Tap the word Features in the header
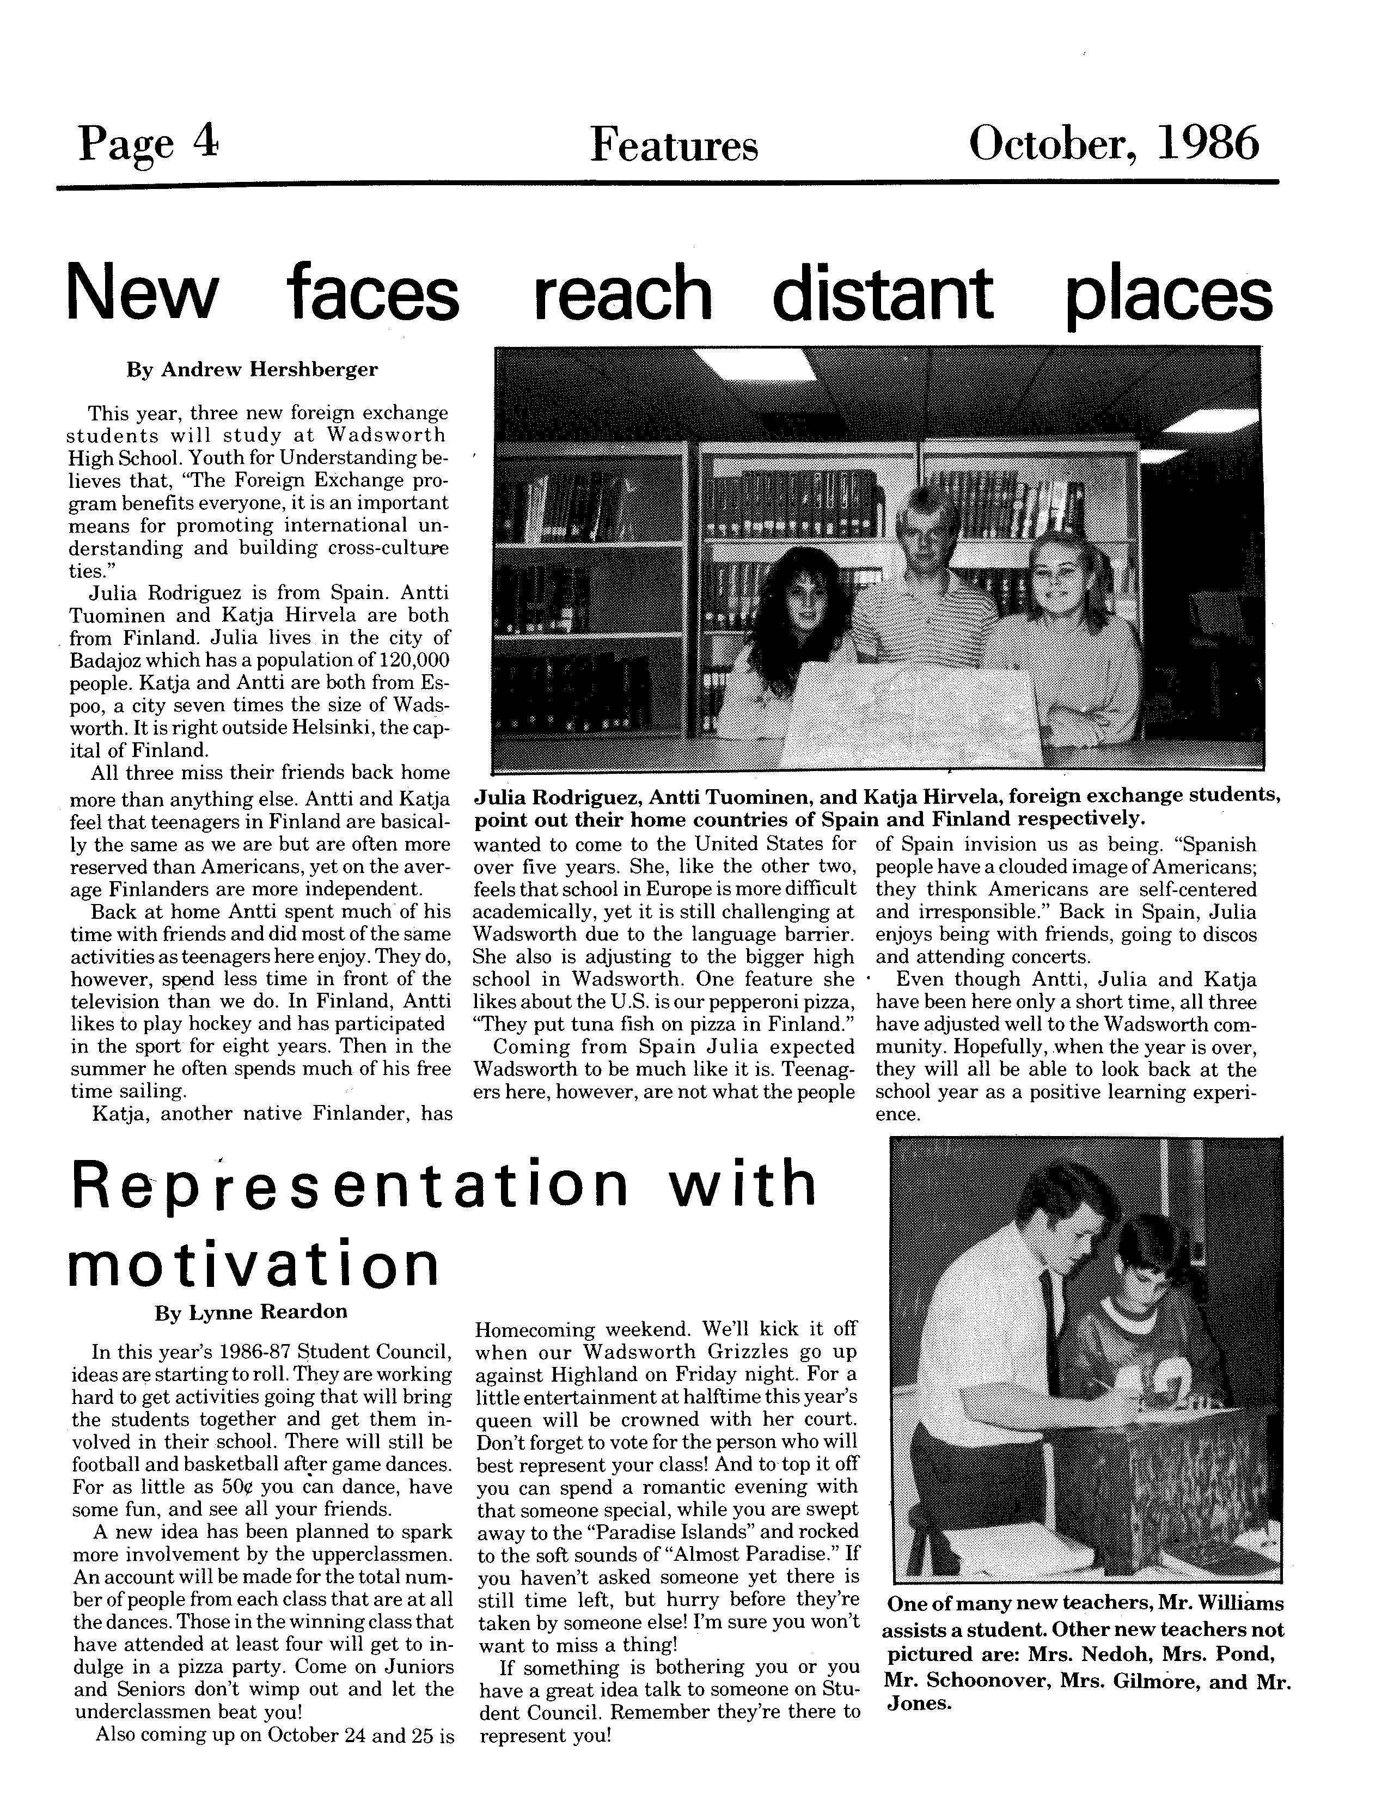[x=673, y=146]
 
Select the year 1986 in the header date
[x=1207, y=143]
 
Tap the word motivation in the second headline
[x=253, y=1266]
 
